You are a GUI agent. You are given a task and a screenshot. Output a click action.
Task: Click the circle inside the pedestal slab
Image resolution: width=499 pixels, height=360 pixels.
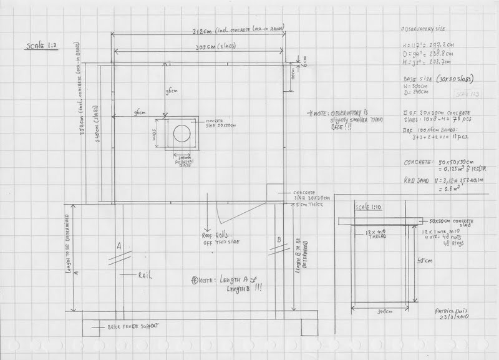pyautogui.click(x=182, y=132)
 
